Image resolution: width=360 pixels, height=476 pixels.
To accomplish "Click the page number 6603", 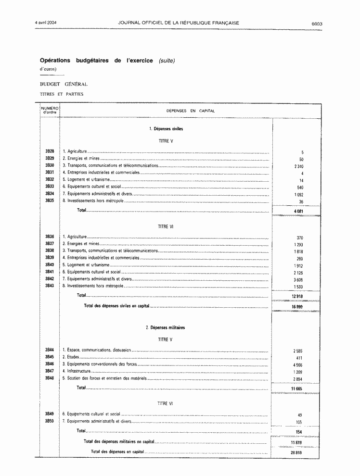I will [x=316, y=23].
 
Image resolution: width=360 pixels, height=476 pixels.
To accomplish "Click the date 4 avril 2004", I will [x=46, y=23].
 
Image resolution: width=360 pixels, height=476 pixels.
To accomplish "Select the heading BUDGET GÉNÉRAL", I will [x=64, y=84].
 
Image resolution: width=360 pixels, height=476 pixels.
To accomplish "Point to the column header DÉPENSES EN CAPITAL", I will [x=190, y=111].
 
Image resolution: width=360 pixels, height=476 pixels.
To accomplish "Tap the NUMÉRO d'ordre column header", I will [x=50, y=111].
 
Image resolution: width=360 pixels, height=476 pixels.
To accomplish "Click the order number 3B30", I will [x=49, y=165].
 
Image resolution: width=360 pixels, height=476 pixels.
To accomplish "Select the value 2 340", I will [x=298, y=166].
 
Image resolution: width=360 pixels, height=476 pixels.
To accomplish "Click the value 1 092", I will [x=298, y=194].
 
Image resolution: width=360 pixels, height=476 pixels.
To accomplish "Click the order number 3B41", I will [x=49, y=272].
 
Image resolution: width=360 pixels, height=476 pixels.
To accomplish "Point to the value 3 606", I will [x=298, y=279].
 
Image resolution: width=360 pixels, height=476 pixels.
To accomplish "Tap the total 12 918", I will [x=298, y=296].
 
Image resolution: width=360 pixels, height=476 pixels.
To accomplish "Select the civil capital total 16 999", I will [x=298, y=306].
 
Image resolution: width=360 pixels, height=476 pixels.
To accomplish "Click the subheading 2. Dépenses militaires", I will [x=165, y=327].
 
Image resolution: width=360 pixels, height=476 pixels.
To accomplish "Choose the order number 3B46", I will [x=49, y=364].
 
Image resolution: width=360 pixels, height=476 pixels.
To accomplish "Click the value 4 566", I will [x=298, y=365].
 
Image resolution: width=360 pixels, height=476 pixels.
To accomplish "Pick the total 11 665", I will [x=298, y=388].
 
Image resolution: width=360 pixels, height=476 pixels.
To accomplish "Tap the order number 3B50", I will [x=49, y=421].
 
